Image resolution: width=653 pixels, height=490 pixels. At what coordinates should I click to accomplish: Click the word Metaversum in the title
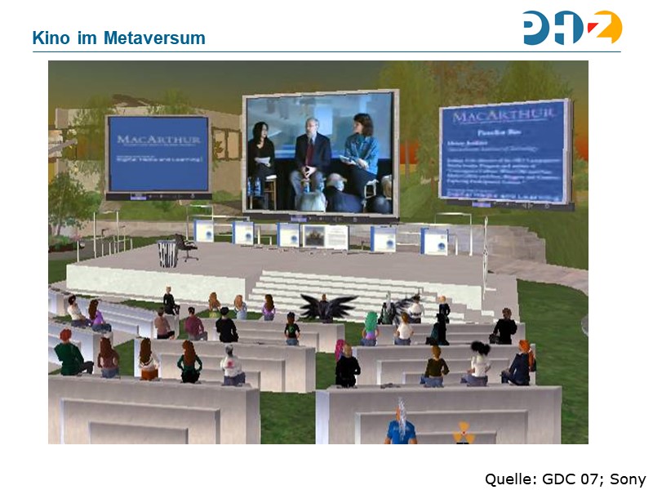click(x=154, y=38)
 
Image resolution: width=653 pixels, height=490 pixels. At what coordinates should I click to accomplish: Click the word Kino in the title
click(x=48, y=38)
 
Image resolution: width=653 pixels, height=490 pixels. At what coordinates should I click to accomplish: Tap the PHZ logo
click(x=572, y=28)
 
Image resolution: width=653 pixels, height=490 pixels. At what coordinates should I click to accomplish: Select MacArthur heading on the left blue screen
click(x=158, y=139)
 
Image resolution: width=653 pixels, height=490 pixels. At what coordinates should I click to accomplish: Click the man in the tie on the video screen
click(x=310, y=155)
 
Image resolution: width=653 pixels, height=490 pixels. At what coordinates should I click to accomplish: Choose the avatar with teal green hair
click(x=371, y=327)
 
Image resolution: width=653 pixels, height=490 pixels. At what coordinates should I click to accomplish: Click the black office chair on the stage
click(x=184, y=247)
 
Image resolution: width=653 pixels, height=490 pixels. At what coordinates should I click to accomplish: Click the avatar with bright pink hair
click(x=340, y=349)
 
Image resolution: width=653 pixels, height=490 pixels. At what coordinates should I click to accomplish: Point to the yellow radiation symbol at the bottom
click(x=464, y=431)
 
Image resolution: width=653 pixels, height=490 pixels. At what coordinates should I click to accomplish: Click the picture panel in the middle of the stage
click(x=314, y=237)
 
